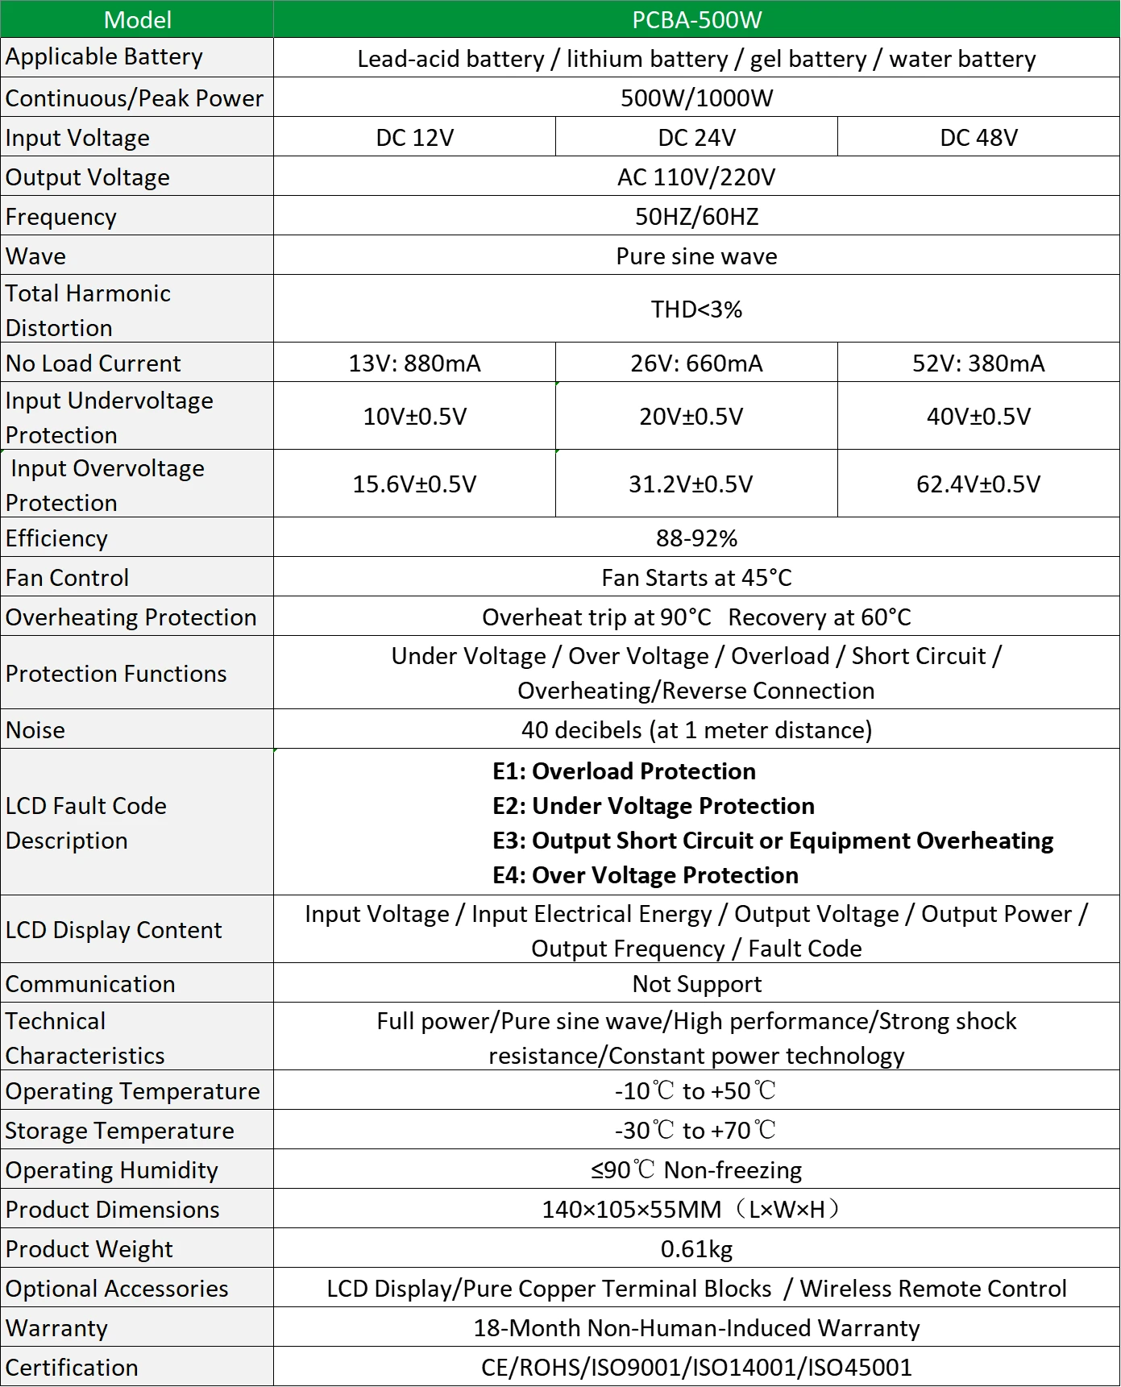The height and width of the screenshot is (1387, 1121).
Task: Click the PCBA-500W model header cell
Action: pyautogui.click(x=696, y=19)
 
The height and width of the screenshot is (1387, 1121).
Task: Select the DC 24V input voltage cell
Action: pyautogui.click(x=696, y=137)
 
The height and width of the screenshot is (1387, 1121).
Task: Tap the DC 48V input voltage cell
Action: pyautogui.click(x=978, y=137)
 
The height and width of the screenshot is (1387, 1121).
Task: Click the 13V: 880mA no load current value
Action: pyautogui.click(x=414, y=363)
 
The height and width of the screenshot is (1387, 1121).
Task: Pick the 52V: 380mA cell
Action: pyautogui.click(x=978, y=363)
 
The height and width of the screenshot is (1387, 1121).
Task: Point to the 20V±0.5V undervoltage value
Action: pyautogui.click(x=691, y=416)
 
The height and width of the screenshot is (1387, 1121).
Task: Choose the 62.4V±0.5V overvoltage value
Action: pyautogui.click(x=978, y=484)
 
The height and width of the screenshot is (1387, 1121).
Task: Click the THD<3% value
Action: pyautogui.click(x=696, y=309)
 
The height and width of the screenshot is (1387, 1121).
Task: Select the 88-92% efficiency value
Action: pyautogui.click(x=696, y=538)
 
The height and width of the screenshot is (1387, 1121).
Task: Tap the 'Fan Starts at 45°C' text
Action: pyautogui.click(x=696, y=577)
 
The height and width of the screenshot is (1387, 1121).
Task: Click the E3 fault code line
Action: pyautogui.click(x=772, y=840)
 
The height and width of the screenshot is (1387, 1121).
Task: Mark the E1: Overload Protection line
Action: pyautogui.click(x=624, y=770)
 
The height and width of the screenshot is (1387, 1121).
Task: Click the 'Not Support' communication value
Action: pyautogui.click(x=696, y=983)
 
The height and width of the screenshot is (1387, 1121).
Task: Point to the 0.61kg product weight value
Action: pyautogui.click(x=696, y=1248)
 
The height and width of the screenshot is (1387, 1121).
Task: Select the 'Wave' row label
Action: pyautogui.click(x=36, y=256)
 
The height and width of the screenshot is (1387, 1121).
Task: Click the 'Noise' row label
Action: pyautogui.click(x=35, y=729)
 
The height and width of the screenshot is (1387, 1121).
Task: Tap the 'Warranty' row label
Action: pyautogui.click(x=56, y=1327)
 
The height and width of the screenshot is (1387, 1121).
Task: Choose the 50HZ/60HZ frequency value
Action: pyautogui.click(x=696, y=216)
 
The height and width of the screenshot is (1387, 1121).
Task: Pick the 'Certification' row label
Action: pyautogui.click(x=72, y=1367)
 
